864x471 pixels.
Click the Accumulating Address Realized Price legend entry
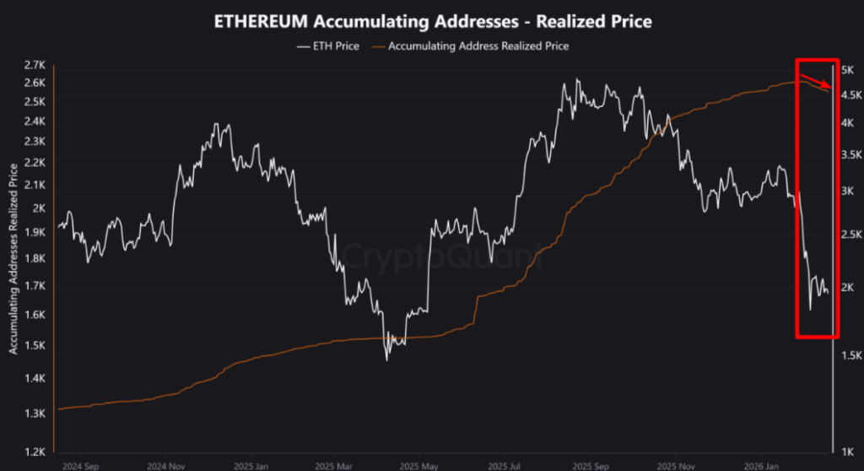tap(478, 46)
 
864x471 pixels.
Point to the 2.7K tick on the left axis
tap(35, 65)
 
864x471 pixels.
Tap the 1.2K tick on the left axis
tap(35, 452)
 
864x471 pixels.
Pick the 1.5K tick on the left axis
tap(35, 346)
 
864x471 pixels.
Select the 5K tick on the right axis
tap(849, 69)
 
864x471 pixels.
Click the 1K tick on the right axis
tap(849, 452)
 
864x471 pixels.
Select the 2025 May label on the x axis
tap(418, 465)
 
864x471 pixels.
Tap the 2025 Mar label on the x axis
tap(335, 465)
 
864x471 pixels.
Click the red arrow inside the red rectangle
tap(816, 81)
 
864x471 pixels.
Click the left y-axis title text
tap(13, 257)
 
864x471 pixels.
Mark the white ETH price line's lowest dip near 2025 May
tap(387, 360)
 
